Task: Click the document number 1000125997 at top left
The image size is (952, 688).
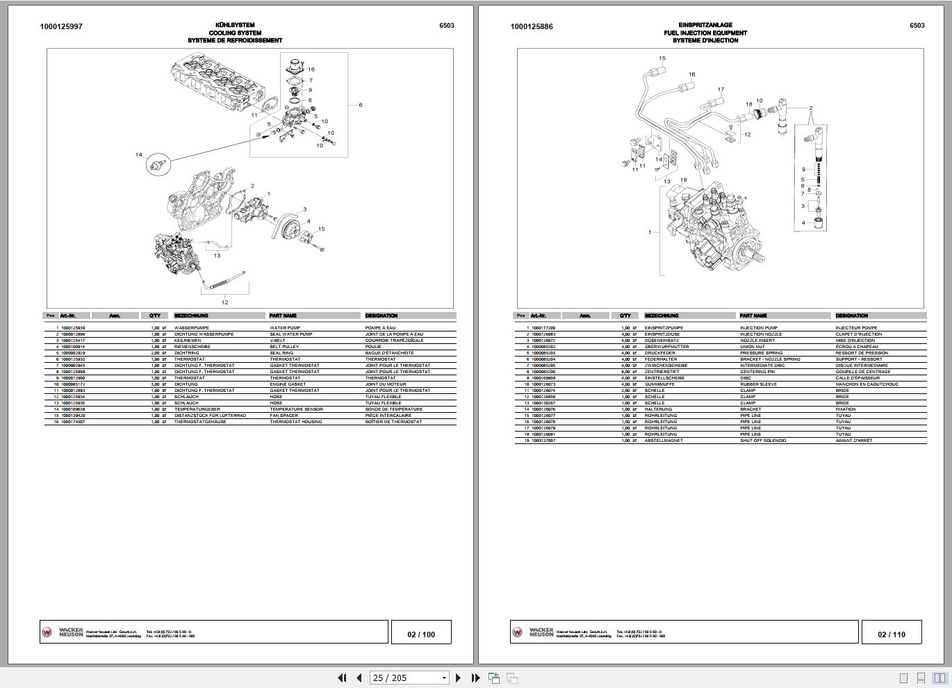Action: pos(61,26)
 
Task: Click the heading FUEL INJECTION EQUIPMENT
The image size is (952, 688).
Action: pos(705,33)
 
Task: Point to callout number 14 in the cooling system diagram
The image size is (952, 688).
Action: pos(138,154)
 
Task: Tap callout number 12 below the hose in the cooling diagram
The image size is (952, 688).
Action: pos(224,302)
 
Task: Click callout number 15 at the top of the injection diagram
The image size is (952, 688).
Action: pos(662,58)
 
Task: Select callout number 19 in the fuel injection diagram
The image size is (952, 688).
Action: pos(684,181)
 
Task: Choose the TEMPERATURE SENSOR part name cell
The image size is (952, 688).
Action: pos(296,409)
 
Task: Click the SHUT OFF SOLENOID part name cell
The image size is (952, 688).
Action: pos(764,441)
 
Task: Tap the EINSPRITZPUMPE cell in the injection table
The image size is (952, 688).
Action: pos(664,328)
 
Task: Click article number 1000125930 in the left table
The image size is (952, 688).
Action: pos(73,328)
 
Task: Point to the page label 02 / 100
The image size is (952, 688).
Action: pos(421,634)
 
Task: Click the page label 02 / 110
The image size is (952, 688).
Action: pos(892,634)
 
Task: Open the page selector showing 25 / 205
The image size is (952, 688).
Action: pos(410,678)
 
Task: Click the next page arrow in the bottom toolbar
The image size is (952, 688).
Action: pos(458,678)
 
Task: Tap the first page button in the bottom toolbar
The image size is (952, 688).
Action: pos(342,678)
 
